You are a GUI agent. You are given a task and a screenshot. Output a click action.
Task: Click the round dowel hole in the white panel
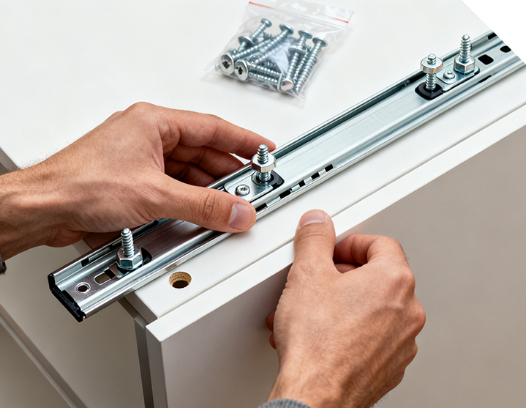[179, 279]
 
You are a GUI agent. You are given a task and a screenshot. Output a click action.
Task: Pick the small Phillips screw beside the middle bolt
[242, 189]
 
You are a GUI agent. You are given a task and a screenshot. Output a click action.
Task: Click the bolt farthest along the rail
[465, 56]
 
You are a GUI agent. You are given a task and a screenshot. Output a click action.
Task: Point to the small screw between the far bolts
[448, 75]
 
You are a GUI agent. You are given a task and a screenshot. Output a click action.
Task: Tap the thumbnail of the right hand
[313, 218]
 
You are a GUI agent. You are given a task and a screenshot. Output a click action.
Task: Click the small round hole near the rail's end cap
[83, 287]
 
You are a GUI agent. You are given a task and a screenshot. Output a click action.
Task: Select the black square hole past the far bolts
[486, 59]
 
